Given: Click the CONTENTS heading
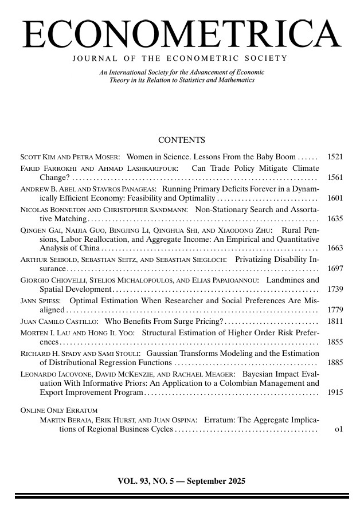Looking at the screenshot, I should (181, 140).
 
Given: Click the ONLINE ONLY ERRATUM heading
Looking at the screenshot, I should (58, 410).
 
